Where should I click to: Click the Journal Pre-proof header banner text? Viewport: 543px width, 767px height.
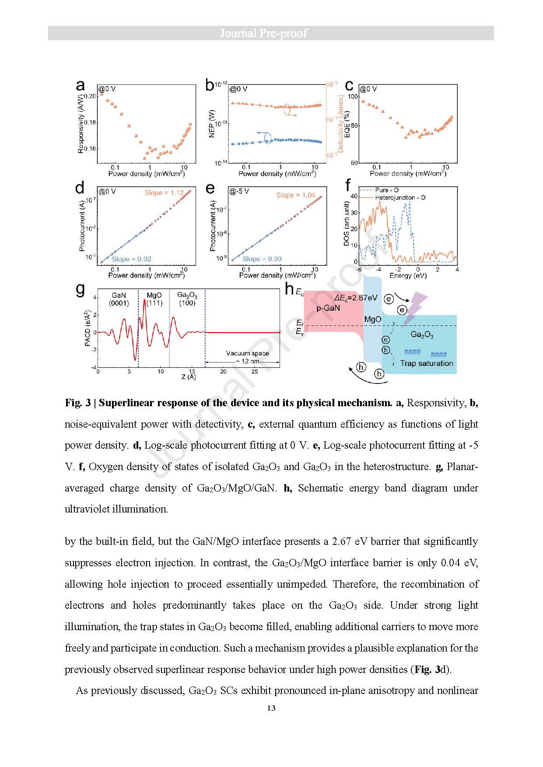coord(263,33)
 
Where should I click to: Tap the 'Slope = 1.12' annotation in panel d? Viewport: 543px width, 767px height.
coord(164,193)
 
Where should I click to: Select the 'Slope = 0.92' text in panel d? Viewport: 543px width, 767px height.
coord(131,259)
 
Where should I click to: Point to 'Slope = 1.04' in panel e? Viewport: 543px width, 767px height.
coord(295,195)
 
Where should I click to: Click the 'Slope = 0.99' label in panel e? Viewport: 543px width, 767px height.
coord(262,259)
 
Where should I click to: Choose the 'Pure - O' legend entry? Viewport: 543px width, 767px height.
coord(387,190)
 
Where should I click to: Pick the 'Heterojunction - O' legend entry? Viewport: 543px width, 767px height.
coord(400,198)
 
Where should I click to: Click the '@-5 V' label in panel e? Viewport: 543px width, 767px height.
coord(239,192)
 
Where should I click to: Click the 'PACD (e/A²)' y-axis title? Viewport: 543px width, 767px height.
coord(88,328)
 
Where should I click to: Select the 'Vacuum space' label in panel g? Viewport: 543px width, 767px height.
coord(247,353)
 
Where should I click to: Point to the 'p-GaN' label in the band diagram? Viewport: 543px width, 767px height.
coord(328,308)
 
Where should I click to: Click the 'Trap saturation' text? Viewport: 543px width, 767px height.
coord(426,363)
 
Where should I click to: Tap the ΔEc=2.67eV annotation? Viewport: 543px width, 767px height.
coord(355,298)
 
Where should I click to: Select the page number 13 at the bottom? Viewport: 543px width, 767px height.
coord(271,708)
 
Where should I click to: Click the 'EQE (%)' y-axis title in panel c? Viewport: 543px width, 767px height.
coord(347,124)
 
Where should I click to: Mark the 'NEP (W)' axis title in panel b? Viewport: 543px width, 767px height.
coord(212,124)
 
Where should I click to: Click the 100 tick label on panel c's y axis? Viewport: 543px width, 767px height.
coord(353,97)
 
